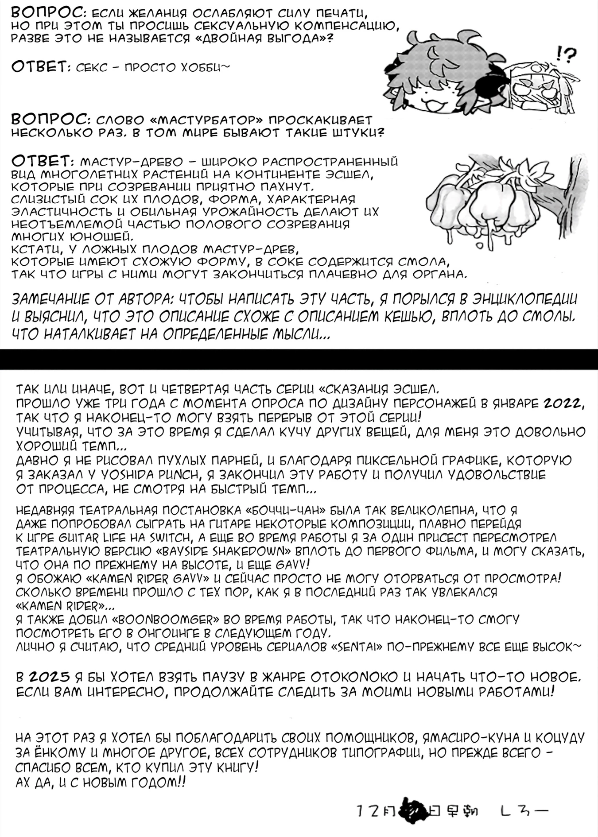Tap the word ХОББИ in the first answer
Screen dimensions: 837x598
pos(205,67)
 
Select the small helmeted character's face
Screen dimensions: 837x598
pos(532,89)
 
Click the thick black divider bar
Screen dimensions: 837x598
pos(299,359)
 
